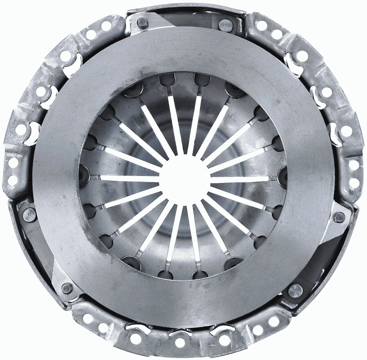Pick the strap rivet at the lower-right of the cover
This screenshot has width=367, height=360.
294,291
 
